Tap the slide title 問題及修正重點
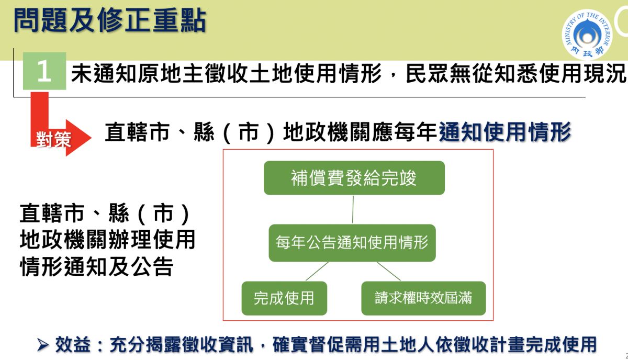pyautogui.click(x=109, y=21)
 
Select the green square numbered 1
pyautogui.click(x=44, y=72)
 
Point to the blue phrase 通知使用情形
pyautogui.click(x=504, y=132)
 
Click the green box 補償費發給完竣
pyautogui.click(x=354, y=178)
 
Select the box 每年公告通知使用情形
pyautogui.click(x=352, y=242)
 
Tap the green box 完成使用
pyautogui.click(x=284, y=298)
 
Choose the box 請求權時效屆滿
pyautogui.click(x=423, y=298)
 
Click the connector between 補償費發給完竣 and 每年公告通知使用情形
pyautogui.click(x=353, y=209)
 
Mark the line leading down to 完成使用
pyautogui.click(x=316, y=271)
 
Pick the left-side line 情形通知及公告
pyautogui.click(x=96, y=267)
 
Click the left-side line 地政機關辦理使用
pyautogui.click(x=107, y=240)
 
